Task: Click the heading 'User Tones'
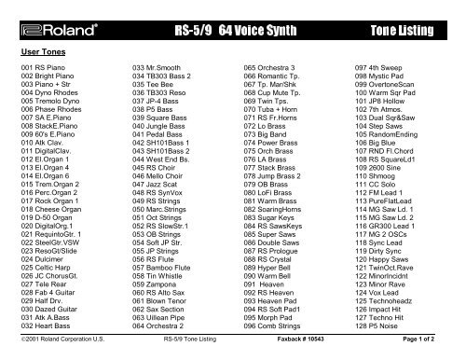tap(44, 53)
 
